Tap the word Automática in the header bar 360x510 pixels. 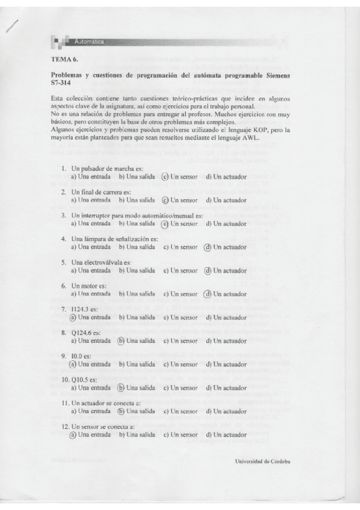point(90,41)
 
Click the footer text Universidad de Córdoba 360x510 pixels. point(263,461)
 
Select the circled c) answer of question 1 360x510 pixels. point(165,177)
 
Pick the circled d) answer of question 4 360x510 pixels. point(207,247)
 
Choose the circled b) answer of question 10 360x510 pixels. point(121,388)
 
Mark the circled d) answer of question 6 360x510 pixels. point(207,293)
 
